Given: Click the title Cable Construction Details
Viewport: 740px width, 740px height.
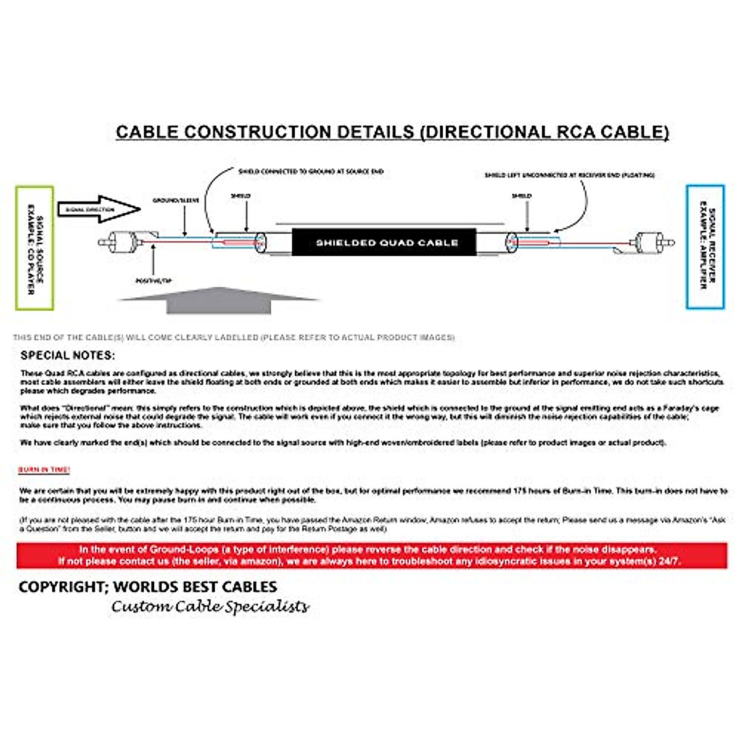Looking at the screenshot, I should point(392,132).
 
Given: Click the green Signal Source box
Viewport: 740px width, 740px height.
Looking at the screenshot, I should point(35,248).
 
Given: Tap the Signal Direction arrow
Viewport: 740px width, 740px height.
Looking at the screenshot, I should point(99,210).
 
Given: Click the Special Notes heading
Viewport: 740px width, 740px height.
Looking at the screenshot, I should point(67,355).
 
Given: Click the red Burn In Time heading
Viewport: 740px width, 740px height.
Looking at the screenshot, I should point(44,470).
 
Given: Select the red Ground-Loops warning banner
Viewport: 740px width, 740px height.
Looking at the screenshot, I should point(371,555).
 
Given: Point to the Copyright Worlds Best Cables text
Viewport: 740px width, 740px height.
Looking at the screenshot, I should point(148,586).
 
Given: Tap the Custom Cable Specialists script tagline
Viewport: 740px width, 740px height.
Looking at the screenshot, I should point(210,607).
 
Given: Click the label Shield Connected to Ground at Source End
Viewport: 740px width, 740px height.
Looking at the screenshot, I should point(311,171).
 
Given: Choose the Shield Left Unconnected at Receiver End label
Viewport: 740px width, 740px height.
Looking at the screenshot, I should point(569,175).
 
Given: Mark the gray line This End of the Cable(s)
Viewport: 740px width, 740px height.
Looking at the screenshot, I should point(234,337).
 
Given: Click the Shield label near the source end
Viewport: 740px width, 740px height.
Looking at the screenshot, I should point(240,196).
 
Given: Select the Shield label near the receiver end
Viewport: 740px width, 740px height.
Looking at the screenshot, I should point(522,196).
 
